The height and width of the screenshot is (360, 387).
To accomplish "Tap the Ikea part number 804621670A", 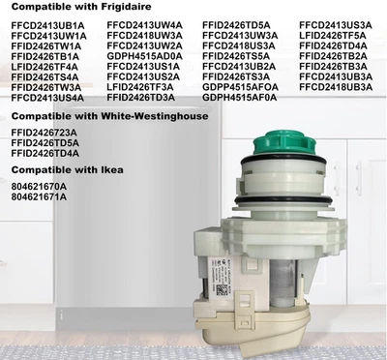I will click(x=39, y=187).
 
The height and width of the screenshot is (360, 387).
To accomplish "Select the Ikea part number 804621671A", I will click(x=39, y=197).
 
